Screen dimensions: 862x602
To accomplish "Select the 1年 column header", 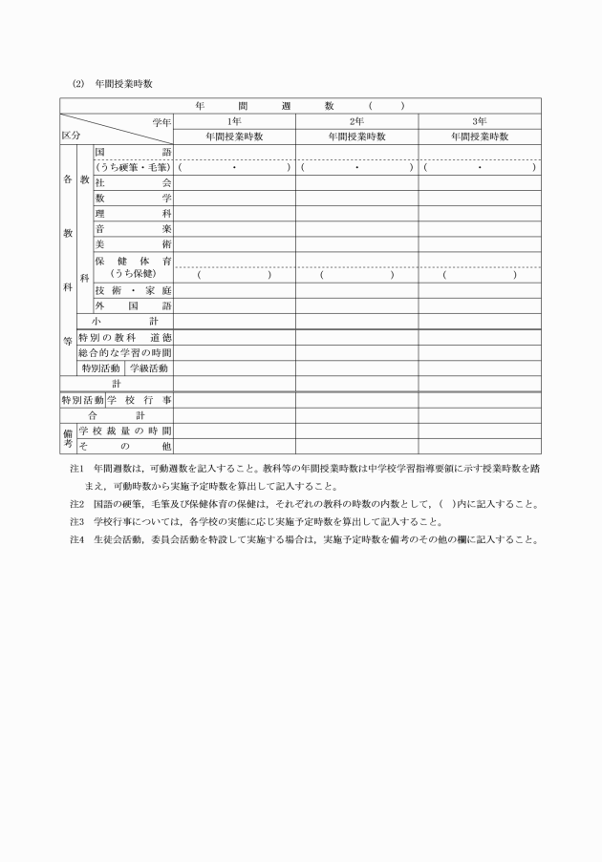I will click(234, 121).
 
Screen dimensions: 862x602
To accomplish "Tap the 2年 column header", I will click(356, 121).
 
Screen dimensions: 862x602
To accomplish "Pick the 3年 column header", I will click(480, 121).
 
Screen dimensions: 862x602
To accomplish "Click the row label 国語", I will click(133, 152).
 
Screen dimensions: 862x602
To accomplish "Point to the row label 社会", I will click(133, 182).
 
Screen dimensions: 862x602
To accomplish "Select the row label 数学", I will click(133, 198).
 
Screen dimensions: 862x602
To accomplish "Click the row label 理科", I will click(133, 213).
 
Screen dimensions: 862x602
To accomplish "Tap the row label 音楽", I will click(133, 229).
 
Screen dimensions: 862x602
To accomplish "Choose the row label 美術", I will click(133, 244).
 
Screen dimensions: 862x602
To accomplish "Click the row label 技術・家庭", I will click(133, 290).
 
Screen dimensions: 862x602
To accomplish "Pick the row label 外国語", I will click(133, 305).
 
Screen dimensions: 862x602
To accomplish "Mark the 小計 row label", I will click(125, 322).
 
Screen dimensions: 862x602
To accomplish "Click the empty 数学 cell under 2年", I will click(356, 198).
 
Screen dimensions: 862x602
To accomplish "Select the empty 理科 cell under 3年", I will click(480, 213).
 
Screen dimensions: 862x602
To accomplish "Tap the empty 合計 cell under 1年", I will click(234, 416).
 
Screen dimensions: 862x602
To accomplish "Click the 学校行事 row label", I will click(140, 400).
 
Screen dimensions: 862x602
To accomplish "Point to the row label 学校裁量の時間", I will click(124, 431).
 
